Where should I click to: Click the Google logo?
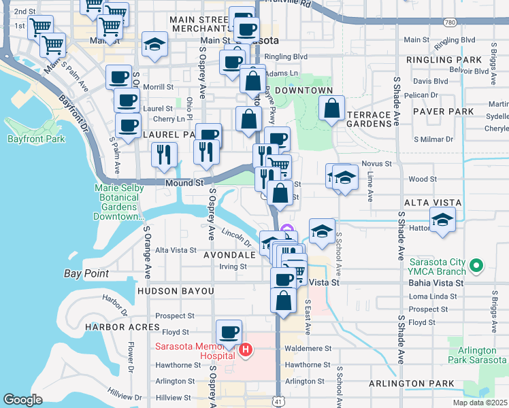point(22,400)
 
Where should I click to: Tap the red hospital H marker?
point(246,351)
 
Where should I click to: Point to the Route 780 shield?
point(448,23)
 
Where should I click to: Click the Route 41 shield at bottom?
point(278,402)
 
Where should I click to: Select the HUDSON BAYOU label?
point(176,290)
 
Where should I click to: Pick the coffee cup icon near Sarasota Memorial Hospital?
point(229,333)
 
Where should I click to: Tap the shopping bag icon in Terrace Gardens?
point(331,109)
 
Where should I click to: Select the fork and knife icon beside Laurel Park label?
point(164,154)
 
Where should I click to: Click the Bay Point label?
point(86,273)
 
